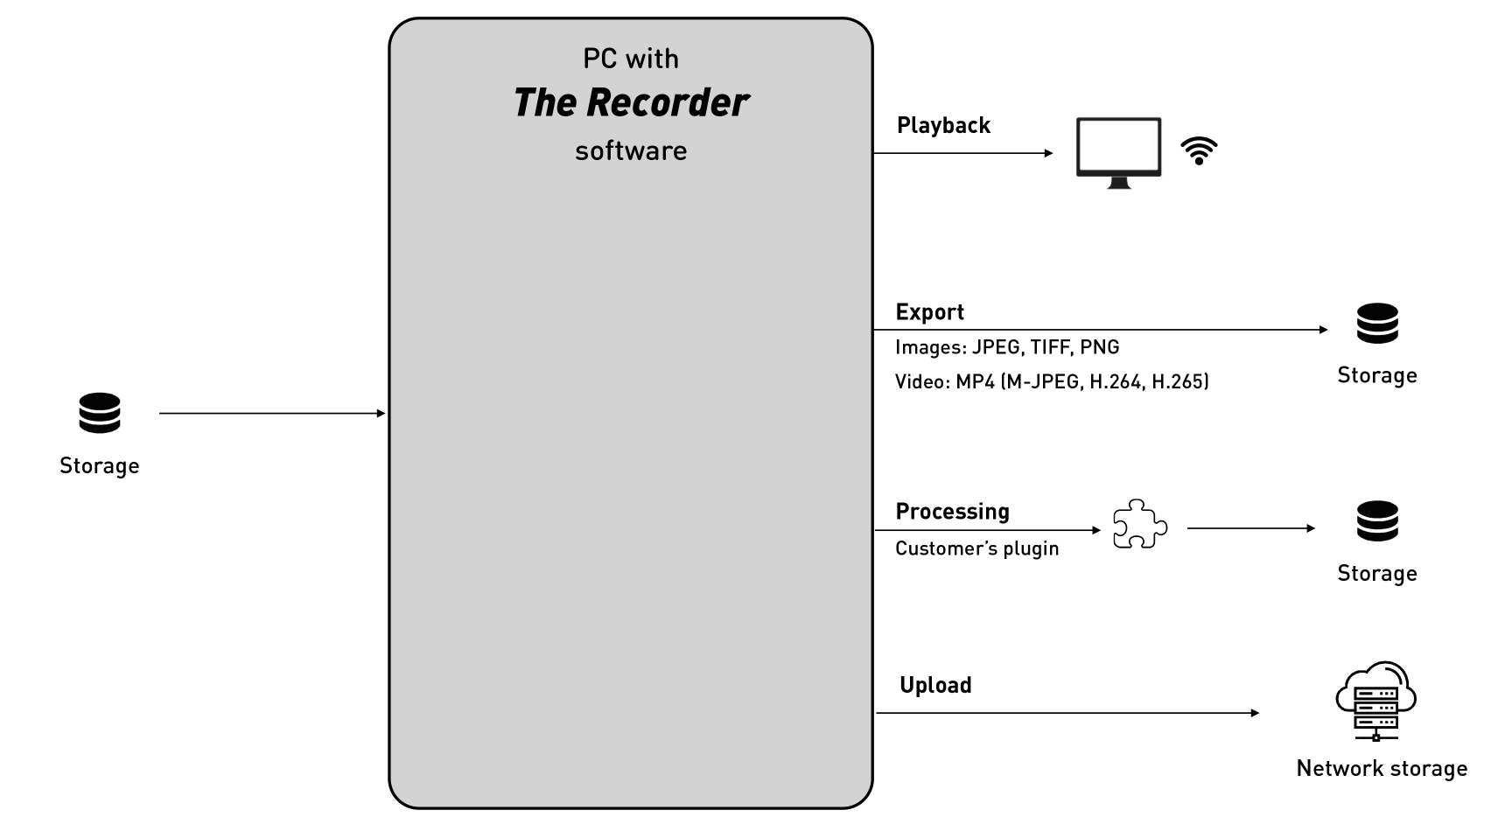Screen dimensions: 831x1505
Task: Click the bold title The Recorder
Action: [630, 103]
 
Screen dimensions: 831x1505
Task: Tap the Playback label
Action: [943, 126]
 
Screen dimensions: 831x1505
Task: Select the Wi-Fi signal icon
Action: [1199, 151]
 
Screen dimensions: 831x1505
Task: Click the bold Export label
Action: [929, 312]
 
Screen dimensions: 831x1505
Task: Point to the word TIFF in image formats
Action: [1050, 347]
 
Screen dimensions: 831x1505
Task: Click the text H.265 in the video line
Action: [1180, 381]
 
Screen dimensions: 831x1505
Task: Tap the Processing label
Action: [952, 512]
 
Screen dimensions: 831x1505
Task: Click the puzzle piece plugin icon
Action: [1139, 525]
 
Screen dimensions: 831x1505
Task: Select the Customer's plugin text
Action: [976, 548]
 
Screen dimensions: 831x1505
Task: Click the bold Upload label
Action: [935, 685]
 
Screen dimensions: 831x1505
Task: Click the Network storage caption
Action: [1382, 768]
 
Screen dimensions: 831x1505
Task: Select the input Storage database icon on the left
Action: [100, 413]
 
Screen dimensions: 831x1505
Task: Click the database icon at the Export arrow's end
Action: [1377, 324]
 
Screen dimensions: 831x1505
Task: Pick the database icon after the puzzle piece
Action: [1377, 521]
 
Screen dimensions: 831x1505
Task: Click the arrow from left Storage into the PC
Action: [271, 413]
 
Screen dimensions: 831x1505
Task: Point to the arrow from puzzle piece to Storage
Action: [1250, 528]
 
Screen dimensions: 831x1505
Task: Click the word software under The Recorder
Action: [631, 150]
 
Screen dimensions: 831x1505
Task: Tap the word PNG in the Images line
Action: [1100, 347]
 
